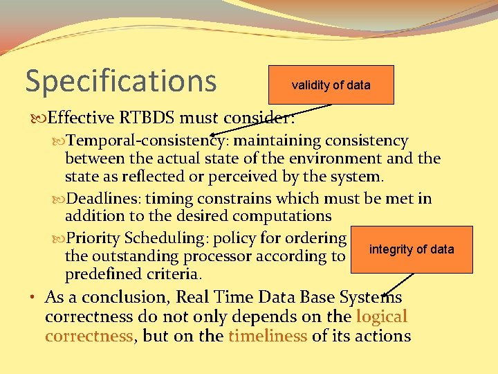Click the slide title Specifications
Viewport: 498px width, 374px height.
(x=121, y=80)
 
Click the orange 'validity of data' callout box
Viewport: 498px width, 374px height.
(x=331, y=85)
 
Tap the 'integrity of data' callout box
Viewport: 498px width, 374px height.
(x=412, y=249)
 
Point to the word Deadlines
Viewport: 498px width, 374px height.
(x=101, y=199)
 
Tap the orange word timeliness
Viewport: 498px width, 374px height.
(x=268, y=337)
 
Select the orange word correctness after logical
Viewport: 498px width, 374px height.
(x=89, y=337)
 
